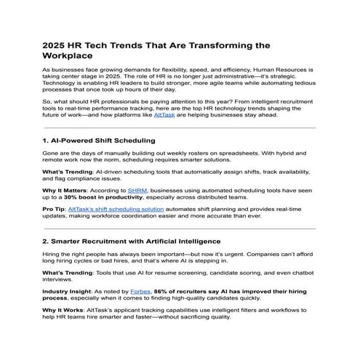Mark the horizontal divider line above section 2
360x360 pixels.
pyautogui.click(x=180, y=228)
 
